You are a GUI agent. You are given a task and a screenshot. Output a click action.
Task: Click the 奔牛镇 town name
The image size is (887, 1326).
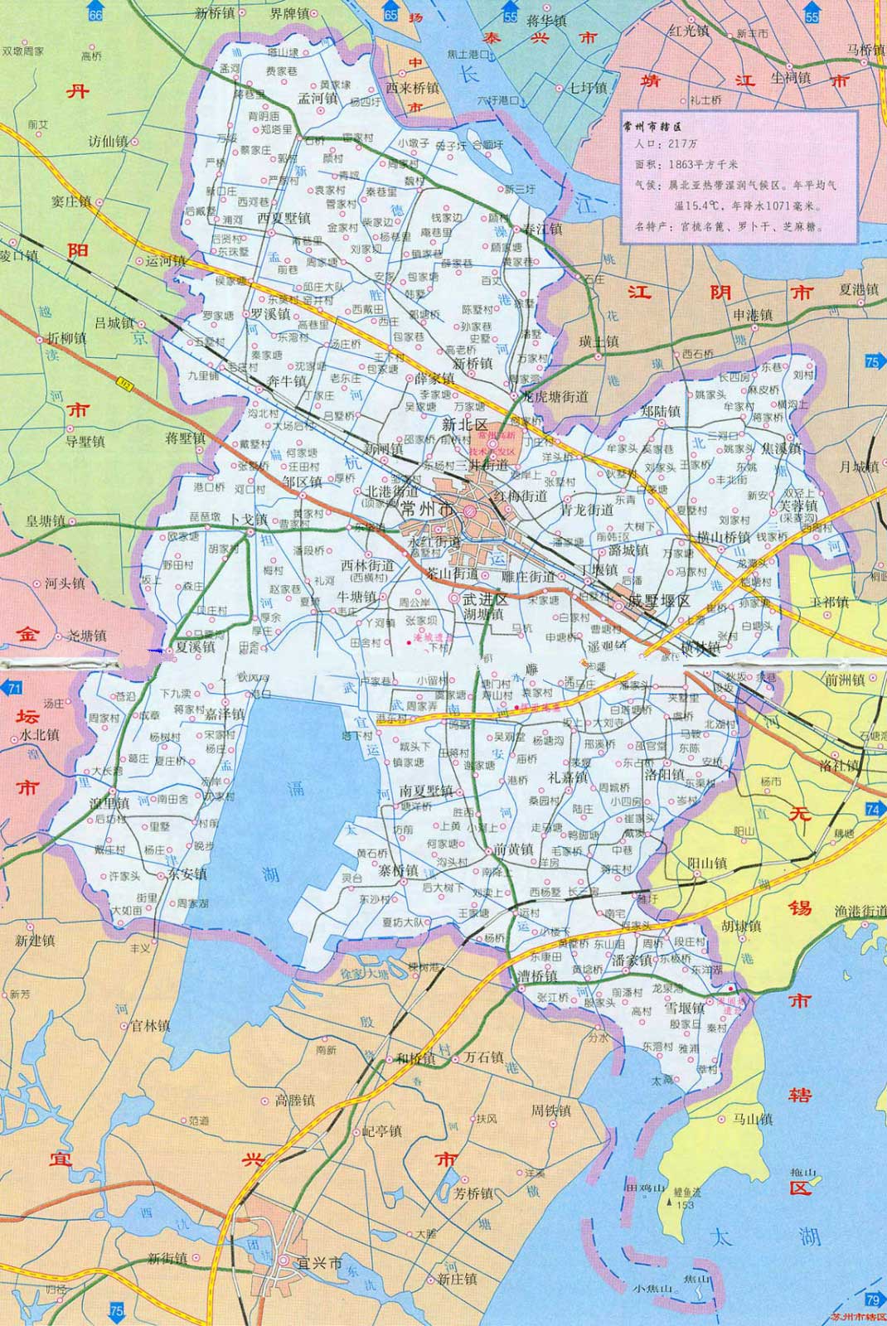pos(287,381)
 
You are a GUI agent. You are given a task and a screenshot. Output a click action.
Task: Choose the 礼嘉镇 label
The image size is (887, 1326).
pos(567,778)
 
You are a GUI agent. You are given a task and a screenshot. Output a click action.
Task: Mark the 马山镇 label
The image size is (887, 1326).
pos(753,1119)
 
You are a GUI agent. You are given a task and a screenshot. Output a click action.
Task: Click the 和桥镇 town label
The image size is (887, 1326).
pos(415,1058)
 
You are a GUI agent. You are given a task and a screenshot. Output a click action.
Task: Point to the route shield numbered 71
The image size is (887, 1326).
pos(12,688)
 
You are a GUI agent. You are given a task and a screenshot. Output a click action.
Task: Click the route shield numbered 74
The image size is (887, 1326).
pos(872,808)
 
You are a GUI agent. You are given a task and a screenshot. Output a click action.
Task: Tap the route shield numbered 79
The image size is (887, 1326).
pos(872,1299)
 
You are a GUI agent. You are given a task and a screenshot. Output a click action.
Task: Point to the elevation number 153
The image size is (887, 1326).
pos(684,1204)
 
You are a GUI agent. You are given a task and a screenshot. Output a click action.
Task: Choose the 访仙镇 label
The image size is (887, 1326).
pos(108,142)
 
